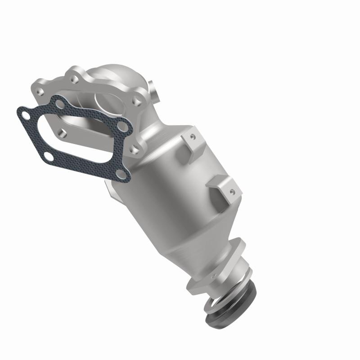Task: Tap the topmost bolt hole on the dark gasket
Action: click(60, 103)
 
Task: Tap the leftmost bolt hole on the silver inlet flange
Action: click(41, 92)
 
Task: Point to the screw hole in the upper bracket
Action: click(193, 135)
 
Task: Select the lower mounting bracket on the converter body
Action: click(223, 189)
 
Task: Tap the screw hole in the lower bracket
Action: click(232, 192)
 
